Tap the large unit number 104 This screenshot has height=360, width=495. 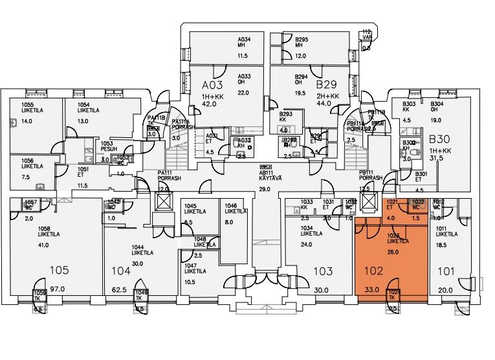121,271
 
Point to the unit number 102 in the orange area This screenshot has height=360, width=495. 373,272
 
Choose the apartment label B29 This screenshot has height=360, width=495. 327,85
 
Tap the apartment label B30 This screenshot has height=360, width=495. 439,139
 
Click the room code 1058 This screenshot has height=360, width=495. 46,230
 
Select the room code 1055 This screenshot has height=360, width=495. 27,104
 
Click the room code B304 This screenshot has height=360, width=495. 437,104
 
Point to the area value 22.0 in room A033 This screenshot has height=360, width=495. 243,93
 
